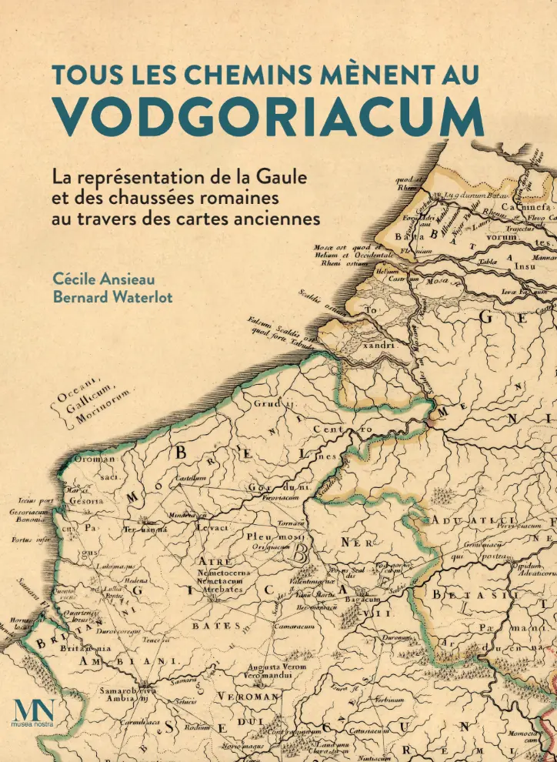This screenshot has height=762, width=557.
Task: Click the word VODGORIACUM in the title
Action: click(268, 116)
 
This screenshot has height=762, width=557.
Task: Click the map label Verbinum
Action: click(390, 700)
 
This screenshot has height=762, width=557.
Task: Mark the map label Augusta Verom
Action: click(269, 667)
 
